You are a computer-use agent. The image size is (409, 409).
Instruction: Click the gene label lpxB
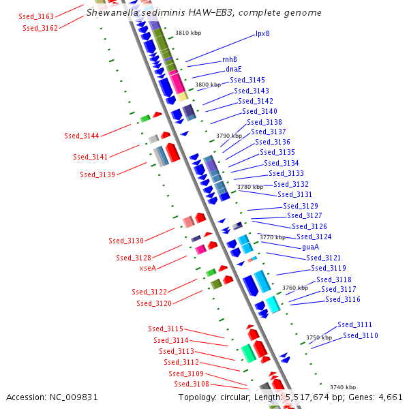(x=262, y=33)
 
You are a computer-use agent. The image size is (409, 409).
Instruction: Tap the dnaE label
(x=233, y=69)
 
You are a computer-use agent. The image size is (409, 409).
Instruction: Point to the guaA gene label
(x=310, y=247)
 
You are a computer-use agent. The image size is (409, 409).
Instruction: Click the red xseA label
(x=148, y=269)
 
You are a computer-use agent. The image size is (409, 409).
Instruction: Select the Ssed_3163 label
(x=37, y=15)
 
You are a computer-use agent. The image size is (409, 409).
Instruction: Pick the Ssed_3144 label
(x=82, y=136)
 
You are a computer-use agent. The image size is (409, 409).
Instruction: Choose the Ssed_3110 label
(x=361, y=335)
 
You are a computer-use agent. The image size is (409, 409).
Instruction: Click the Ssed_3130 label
(x=126, y=241)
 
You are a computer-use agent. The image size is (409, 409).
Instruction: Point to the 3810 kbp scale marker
(x=188, y=32)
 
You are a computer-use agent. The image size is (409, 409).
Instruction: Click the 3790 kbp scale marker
(x=229, y=136)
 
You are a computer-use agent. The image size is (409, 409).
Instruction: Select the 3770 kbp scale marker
(x=272, y=237)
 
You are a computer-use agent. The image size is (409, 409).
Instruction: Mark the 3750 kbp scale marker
(x=318, y=337)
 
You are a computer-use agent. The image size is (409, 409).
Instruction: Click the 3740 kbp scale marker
(x=342, y=387)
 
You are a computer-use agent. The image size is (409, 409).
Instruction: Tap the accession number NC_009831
(x=75, y=397)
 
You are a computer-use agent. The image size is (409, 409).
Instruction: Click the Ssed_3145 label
(x=247, y=80)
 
